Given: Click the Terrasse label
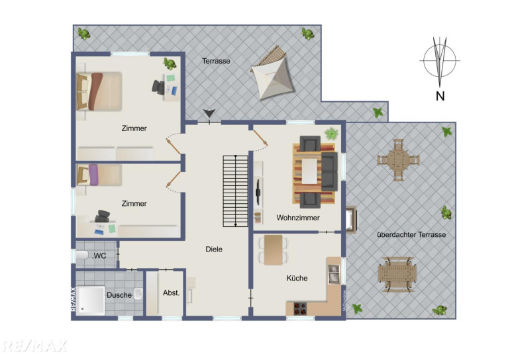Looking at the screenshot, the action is pyautogui.click(x=216, y=61).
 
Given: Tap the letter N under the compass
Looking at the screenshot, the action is pyautogui.click(x=440, y=96).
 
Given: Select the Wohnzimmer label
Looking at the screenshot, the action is pyautogui.click(x=298, y=218).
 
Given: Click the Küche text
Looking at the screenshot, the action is pyautogui.click(x=297, y=278).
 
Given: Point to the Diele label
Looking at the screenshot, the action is pyautogui.click(x=214, y=249).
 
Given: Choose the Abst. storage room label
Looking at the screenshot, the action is pyautogui.click(x=171, y=292).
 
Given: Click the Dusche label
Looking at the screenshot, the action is pyautogui.click(x=119, y=295).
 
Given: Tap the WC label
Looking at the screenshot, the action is pyautogui.click(x=99, y=255).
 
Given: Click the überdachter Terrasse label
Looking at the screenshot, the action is pyautogui.click(x=411, y=234).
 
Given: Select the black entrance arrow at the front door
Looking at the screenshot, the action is pyautogui.click(x=209, y=113).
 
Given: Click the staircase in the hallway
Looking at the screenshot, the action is pyautogui.click(x=236, y=191).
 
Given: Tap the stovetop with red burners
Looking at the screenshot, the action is pyautogui.click(x=300, y=308).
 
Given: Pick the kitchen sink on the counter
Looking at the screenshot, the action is pyautogui.click(x=334, y=274).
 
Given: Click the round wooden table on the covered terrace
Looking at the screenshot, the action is pyautogui.click(x=398, y=160).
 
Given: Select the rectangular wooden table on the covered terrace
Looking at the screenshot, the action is pyautogui.click(x=397, y=274).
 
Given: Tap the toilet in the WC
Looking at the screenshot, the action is pyautogui.click(x=82, y=255).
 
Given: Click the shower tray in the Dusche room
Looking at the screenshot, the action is pyautogui.click(x=91, y=300).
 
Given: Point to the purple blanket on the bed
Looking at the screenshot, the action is pyautogui.click(x=94, y=175).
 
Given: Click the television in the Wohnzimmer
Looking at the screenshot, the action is pyautogui.click(x=258, y=193).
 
